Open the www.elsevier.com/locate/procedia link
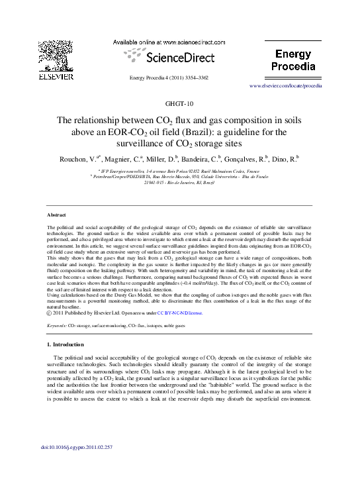[x=285, y=87]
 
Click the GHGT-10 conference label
[x=180, y=104]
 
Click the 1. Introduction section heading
[x=66, y=345]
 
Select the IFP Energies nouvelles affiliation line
[x=179, y=171]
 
